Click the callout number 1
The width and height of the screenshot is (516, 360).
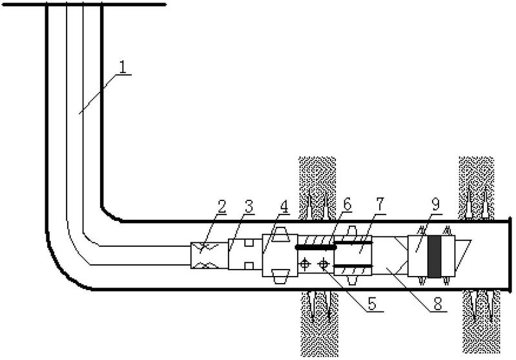[x=123, y=67]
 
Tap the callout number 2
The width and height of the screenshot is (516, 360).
[x=222, y=207]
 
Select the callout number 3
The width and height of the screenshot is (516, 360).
[x=249, y=207]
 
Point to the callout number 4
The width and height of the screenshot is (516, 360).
[x=284, y=207]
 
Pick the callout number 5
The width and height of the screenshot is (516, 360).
[x=372, y=304]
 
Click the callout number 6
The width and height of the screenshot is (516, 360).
[x=347, y=205]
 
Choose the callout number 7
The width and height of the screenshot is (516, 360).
[x=380, y=205]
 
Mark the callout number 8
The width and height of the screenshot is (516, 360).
[x=438, y=304]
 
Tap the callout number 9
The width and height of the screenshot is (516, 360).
[x=435, y=204]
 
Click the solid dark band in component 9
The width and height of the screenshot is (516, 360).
[x=435, y=256]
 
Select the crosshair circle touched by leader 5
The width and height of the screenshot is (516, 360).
[x=324, y=264]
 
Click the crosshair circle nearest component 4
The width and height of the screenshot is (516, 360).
[x=305, y=264]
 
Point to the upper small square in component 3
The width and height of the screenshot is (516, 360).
[x=249, y=243]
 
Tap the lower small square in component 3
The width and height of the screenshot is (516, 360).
[x=249, y=266]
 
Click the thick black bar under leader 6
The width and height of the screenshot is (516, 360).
[x=316, y=247]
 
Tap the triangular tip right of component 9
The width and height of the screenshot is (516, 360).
[x=463, y=257]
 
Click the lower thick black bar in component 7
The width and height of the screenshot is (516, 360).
[x=353, y=266]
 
